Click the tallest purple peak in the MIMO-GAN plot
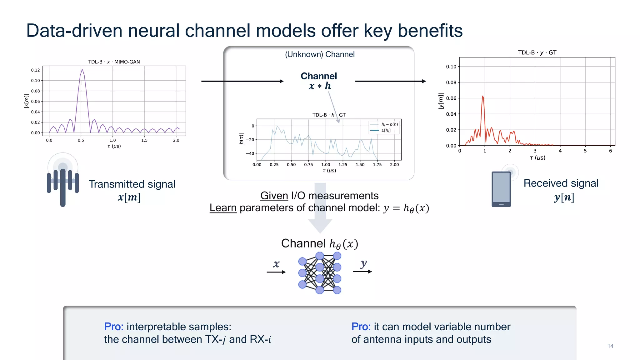click(82, 70)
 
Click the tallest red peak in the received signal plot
click(483, 97)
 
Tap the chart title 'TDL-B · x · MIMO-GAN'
click(114, 62)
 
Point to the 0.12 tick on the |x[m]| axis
click(35, 70)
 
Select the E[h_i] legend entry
click(385, 130)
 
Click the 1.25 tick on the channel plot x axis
click(343, 165)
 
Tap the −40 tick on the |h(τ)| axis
click(250, 153)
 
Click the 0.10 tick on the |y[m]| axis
click(451, 67)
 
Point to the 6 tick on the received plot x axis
click(610, 151)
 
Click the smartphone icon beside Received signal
click(501, 189)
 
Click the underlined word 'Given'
click(274, 196)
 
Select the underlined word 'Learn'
click(223, 208)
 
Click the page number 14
click(610, 346)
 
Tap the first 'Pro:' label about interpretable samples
click(114, 327)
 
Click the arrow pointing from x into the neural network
click(276, 272)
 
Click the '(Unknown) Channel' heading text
click(320, 54)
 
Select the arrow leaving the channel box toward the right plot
click(391, 81)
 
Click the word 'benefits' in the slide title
click(430, 31)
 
